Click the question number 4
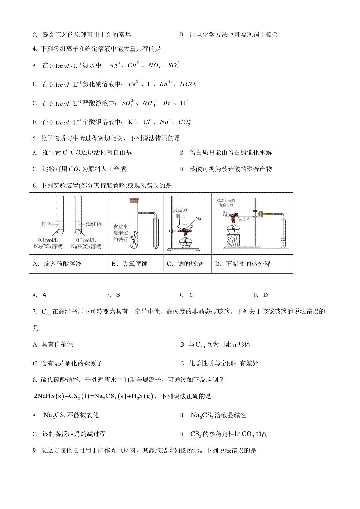(x=35, y=49)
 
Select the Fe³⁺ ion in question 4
(x=134, y=84)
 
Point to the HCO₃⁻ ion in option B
(x=188, y=84)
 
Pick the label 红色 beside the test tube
(x=47, y=224)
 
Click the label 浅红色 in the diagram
(x=94, y=224)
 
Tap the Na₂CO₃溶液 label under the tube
(x=48, y=246)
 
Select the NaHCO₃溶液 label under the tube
(x=86, y=246)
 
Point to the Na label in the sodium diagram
(x=198, y=219)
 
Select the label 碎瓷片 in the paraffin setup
(x=244, y=219)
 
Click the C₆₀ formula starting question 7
(x=46, y=312)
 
